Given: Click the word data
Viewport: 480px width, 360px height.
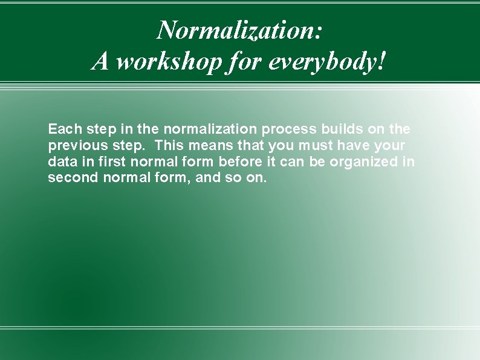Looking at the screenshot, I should pos(61,162).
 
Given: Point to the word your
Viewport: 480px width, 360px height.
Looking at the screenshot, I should pos(391,146).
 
